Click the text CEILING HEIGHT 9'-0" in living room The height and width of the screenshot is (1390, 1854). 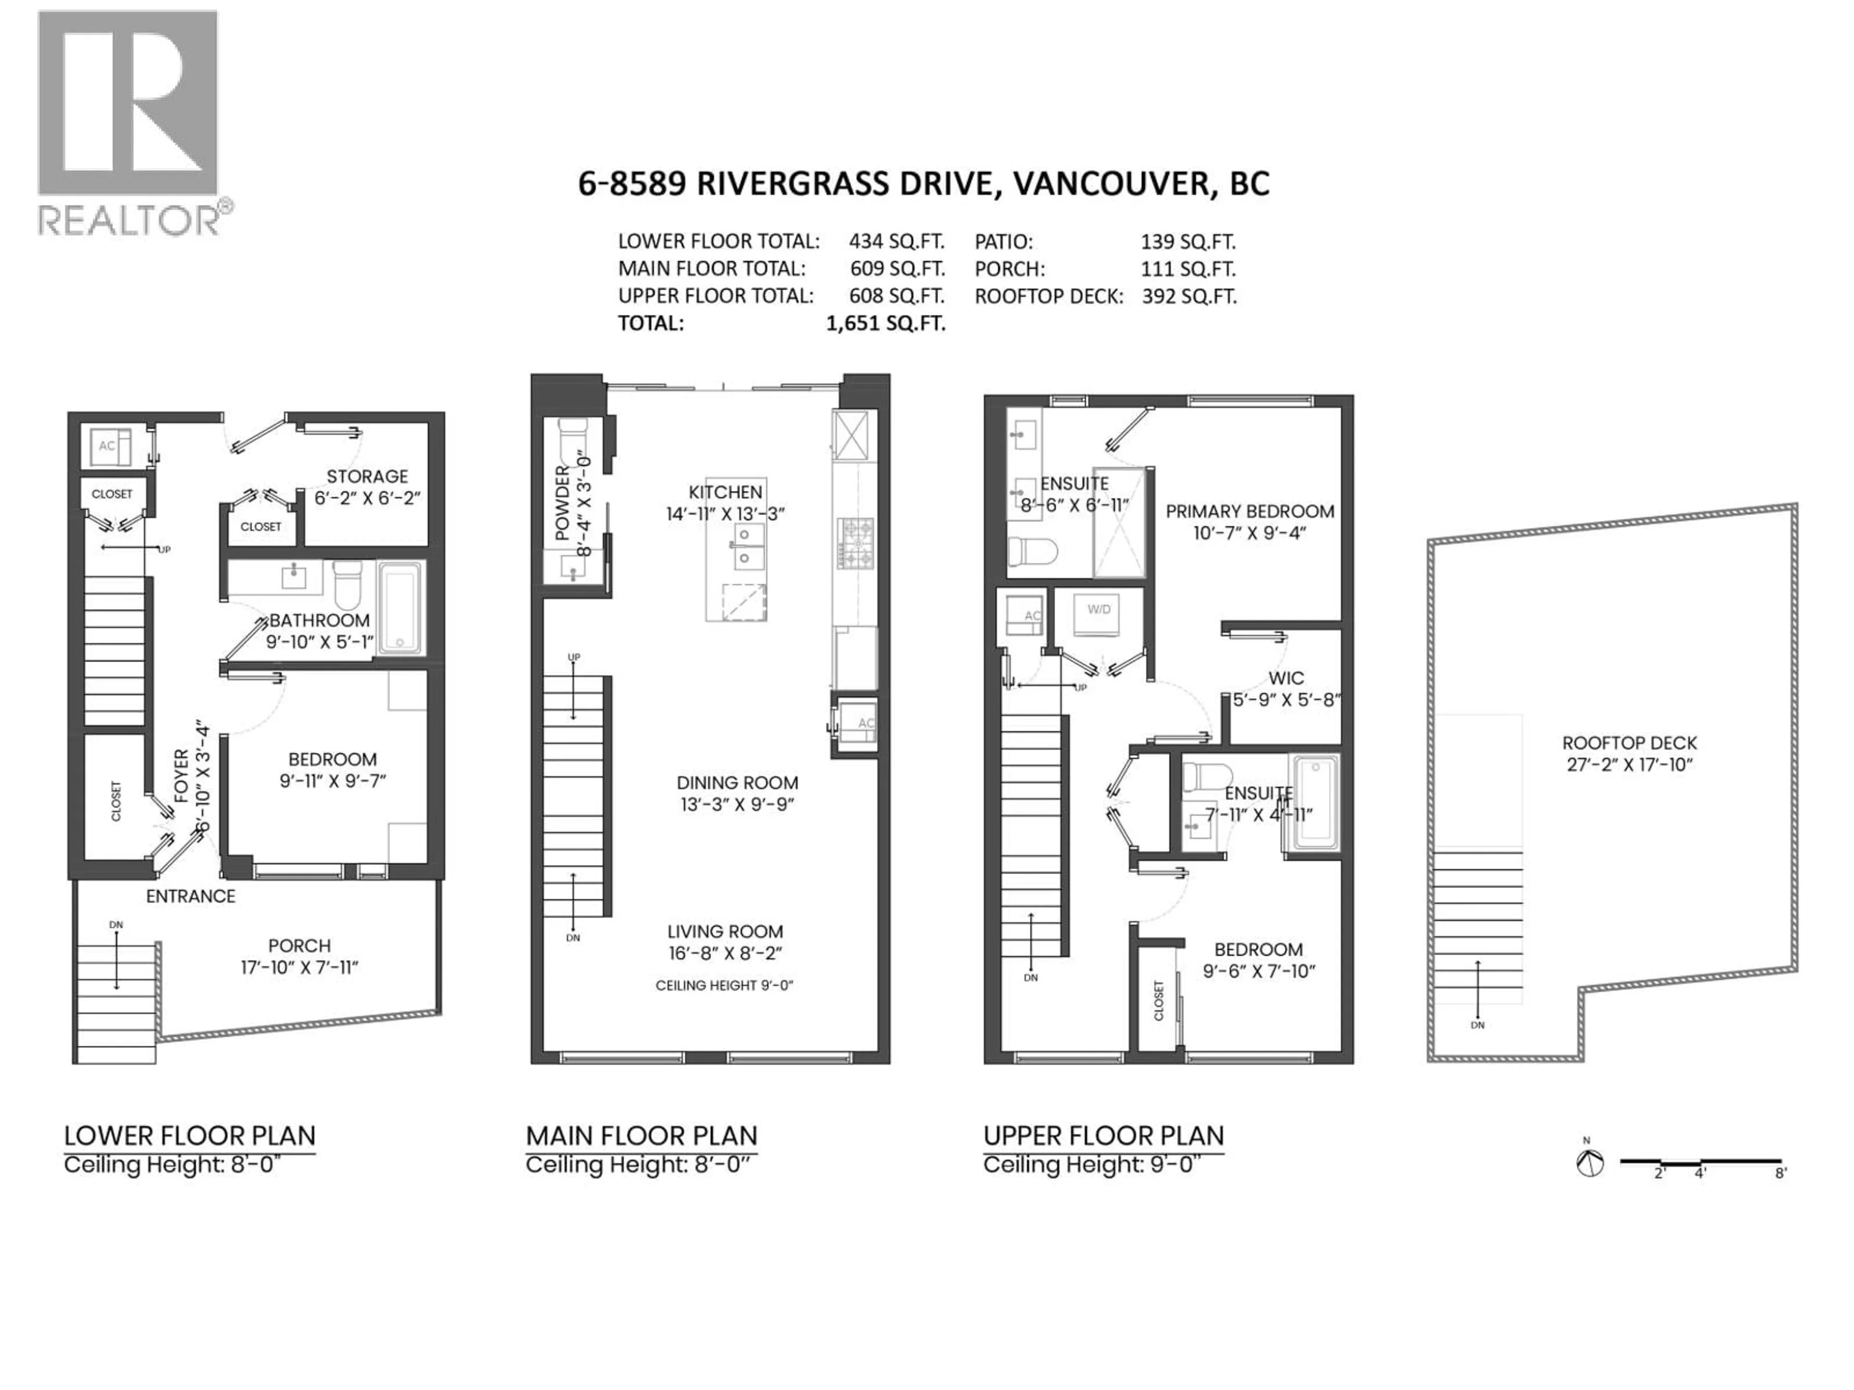pos(724,986)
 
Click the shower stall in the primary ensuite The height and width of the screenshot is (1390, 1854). pos(1119,524)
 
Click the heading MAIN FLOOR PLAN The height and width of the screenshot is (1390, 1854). pos(641,1136)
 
